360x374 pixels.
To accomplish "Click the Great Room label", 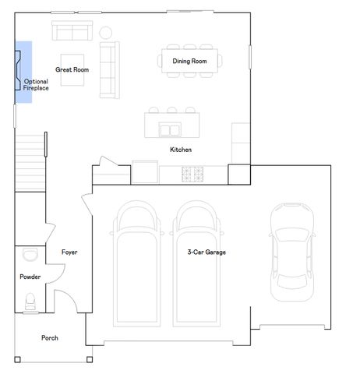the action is [72, 69].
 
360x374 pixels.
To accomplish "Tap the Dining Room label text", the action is [189, 62].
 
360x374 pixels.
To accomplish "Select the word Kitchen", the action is [181, 150].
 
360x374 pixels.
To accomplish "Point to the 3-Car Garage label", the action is [206, 252].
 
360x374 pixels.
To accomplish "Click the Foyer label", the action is [69, 252].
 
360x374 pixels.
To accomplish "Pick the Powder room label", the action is [30, 277].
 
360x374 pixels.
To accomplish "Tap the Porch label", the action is [50, 338].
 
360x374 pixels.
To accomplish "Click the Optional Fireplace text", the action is [36, 85].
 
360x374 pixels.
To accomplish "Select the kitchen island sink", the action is [170, 130].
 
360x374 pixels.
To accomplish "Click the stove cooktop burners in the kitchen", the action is [192, 174].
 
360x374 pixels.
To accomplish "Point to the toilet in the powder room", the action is [30, 302].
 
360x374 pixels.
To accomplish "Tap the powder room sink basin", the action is [30, 254].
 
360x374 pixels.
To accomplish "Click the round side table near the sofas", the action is [105, 33].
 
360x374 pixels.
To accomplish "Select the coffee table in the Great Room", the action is [72, 70].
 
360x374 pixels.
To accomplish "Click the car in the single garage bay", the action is [291, 252].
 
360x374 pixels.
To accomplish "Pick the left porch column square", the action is [17, 359].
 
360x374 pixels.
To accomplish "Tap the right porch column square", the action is [90, 359].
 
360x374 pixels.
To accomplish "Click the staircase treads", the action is [30, 163].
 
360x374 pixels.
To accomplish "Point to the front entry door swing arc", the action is [70, 295].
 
